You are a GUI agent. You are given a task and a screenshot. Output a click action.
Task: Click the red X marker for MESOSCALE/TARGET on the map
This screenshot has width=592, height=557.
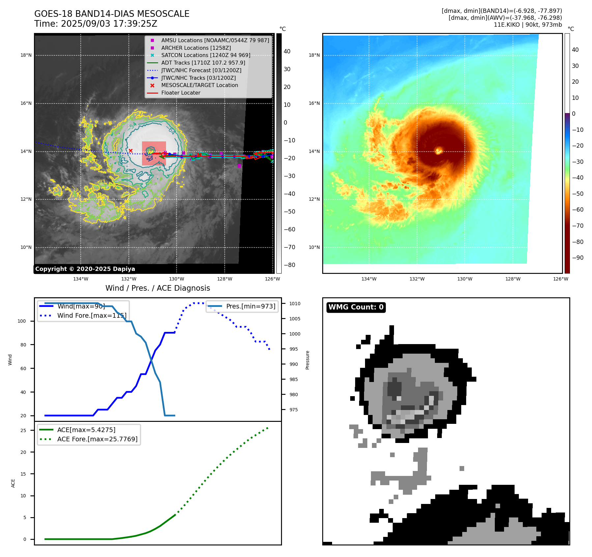(x=130, y=151)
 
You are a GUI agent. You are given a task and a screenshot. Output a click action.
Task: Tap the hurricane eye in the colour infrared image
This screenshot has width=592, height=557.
(x=438, y=151)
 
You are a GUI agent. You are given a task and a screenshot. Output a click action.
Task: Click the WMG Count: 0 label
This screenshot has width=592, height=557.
(x=356, y=307)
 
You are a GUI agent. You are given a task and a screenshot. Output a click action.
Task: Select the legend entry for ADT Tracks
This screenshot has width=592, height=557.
(x=203, y=63)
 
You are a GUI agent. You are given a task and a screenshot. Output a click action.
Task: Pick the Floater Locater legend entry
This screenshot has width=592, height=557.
(x=181, y=93)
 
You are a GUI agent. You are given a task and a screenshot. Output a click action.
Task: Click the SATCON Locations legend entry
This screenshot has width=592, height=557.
(x=206, y=55)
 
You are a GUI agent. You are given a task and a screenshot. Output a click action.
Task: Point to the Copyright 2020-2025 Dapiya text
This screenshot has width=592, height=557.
(x=85, y=269)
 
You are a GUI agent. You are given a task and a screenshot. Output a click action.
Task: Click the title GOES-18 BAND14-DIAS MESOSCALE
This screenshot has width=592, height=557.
(x=112, y=14)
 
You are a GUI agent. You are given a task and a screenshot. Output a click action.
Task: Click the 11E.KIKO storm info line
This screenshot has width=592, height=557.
(x=527, y=25)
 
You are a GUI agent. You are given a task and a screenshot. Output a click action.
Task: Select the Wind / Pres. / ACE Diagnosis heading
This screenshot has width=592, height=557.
(x=157, y=288)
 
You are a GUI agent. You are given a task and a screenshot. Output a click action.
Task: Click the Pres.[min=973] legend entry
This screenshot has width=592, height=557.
(x=250, y=306)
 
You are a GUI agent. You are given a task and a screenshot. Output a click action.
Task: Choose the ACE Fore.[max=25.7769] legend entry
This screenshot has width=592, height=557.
(x=97, y=439)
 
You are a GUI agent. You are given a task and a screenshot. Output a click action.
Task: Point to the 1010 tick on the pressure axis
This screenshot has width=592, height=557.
(x=295, y=304)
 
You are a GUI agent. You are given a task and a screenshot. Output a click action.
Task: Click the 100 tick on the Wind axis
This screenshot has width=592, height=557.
(x=22, y=321)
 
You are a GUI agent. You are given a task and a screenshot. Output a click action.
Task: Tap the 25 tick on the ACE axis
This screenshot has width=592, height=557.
(x=23, y=430)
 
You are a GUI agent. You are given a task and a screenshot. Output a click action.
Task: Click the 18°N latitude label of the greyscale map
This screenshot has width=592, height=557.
(x=26, y=55)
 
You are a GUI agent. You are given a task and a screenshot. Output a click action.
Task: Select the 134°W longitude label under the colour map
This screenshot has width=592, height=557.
(x=369, y=279)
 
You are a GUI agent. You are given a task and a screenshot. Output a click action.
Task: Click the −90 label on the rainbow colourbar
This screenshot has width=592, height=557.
(x=578, y=258)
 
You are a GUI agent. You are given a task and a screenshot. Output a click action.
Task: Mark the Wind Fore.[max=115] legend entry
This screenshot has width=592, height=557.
(x=92, y=315)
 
